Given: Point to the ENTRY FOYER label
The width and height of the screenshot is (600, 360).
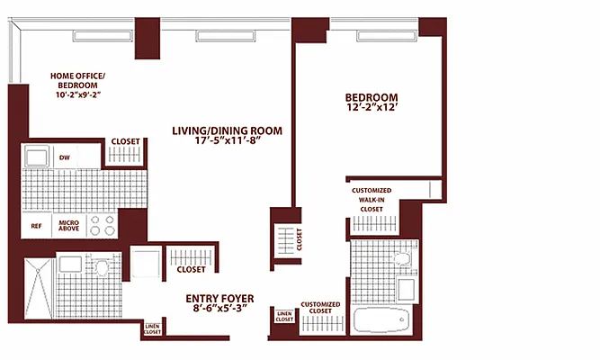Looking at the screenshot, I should click(x=219, y=303).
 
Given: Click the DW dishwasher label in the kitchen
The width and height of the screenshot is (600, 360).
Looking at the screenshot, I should click(x=65, y=158).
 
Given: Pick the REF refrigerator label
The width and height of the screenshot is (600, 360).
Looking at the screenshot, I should click(x=36, y=226).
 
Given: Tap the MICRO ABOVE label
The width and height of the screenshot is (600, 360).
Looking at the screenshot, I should click(x=69, y=226).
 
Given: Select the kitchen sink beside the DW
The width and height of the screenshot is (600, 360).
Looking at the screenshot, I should click(x=37, y=158).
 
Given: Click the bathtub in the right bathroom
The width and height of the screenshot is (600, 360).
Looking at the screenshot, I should click(x=382, y=320).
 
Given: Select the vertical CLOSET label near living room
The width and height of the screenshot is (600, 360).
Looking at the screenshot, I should click(x=300, y=239).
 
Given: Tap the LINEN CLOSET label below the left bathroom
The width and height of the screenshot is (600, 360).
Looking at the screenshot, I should click(x=152, y=331).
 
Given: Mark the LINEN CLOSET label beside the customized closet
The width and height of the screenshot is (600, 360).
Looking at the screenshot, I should click(x=284, y=316).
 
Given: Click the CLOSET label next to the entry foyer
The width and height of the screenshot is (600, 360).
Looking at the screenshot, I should click(x=190, y=269).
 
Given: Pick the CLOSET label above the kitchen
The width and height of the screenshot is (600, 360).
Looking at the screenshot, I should click(x=125, y=141).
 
